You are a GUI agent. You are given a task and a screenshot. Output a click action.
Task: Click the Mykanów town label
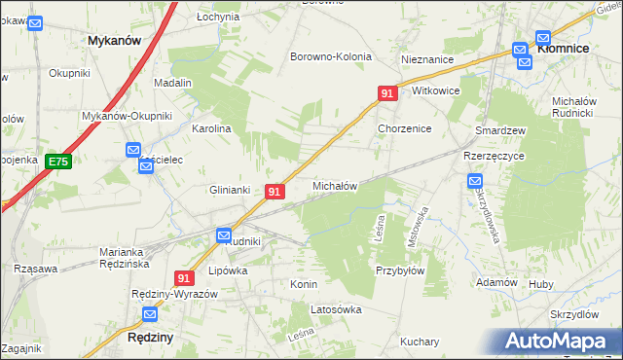coord(114,41)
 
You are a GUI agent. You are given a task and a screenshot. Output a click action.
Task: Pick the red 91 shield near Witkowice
coord(387,93)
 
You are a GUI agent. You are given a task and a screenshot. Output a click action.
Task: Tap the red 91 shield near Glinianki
coord(275,193)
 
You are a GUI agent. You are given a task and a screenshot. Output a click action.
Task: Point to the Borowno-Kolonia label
coord(331,56)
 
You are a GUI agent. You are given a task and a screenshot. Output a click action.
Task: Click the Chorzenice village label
coord(404,128)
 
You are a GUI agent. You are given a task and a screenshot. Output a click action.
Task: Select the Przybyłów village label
coord(400,271)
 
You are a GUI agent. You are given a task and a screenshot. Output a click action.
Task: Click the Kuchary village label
coord(420,342)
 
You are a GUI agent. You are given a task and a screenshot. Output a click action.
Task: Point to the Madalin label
coord(172,84)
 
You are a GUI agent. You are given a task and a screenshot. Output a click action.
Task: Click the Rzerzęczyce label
coord(494,156)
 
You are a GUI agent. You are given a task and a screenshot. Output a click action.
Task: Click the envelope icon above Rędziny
coord(151,314)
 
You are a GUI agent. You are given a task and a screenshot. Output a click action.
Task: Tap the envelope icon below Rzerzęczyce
coord(475,180)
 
